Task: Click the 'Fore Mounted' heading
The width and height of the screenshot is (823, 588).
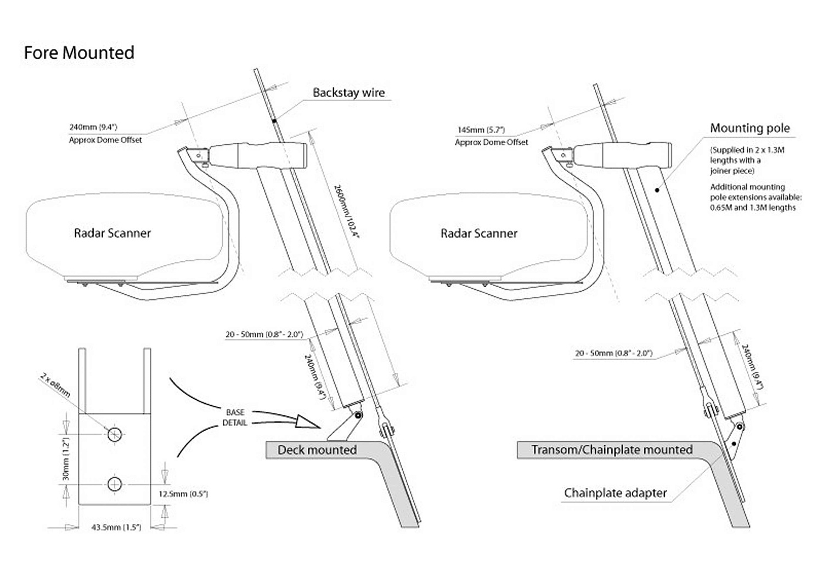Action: click(x=79, y=53)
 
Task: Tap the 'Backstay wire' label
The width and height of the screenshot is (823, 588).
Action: click(x=348, y=93)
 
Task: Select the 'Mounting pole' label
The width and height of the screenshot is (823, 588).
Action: click(x=749, y=128)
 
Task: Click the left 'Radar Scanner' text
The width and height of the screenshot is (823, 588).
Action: click(x=112, y=233)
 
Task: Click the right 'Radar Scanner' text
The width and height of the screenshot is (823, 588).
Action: click(x=479, y=233)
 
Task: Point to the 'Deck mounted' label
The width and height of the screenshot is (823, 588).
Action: click(x=317, y=450)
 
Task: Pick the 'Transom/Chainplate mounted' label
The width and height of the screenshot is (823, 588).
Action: click(x=612, y=450)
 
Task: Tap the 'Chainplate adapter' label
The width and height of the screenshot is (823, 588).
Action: click(x=615, y=493)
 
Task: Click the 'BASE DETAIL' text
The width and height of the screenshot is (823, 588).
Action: click(x=235, y=417)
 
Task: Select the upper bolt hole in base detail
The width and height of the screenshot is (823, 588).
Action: click(x=114, y=434)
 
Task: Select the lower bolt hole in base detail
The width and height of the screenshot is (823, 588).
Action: click(x=114, y=484)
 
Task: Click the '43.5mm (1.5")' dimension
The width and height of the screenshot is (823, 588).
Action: click(x=116, y=528)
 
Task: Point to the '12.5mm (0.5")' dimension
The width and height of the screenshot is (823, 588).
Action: click(x=183, y=494)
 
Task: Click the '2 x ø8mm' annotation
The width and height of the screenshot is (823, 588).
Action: click(x=55, y=384)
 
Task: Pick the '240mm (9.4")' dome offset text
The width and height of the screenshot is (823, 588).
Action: click(x=93, y=127)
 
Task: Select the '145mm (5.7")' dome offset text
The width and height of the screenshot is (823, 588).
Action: click(x=481, y=130)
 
